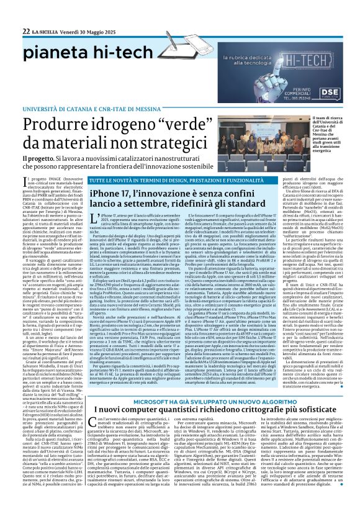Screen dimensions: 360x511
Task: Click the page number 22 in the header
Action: (x=26, y=31)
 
